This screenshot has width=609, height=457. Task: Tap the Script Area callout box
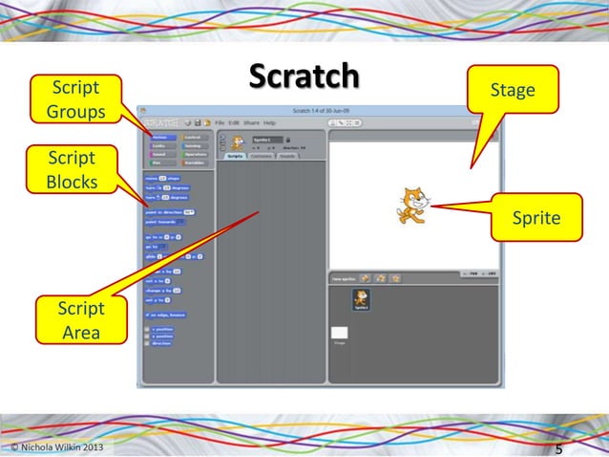click(x=80, y=320)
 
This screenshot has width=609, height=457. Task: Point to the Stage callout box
click(x=512, y=91)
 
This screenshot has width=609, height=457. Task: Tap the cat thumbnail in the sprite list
click(x=361, y=299)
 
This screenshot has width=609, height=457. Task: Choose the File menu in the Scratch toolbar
click(x=220, y=123)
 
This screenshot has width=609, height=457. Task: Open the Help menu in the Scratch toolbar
click(x=269, y=123)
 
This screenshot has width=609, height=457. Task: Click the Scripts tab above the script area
click(x=235, y=156)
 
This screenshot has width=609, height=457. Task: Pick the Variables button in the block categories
click(x=196, y=163)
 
